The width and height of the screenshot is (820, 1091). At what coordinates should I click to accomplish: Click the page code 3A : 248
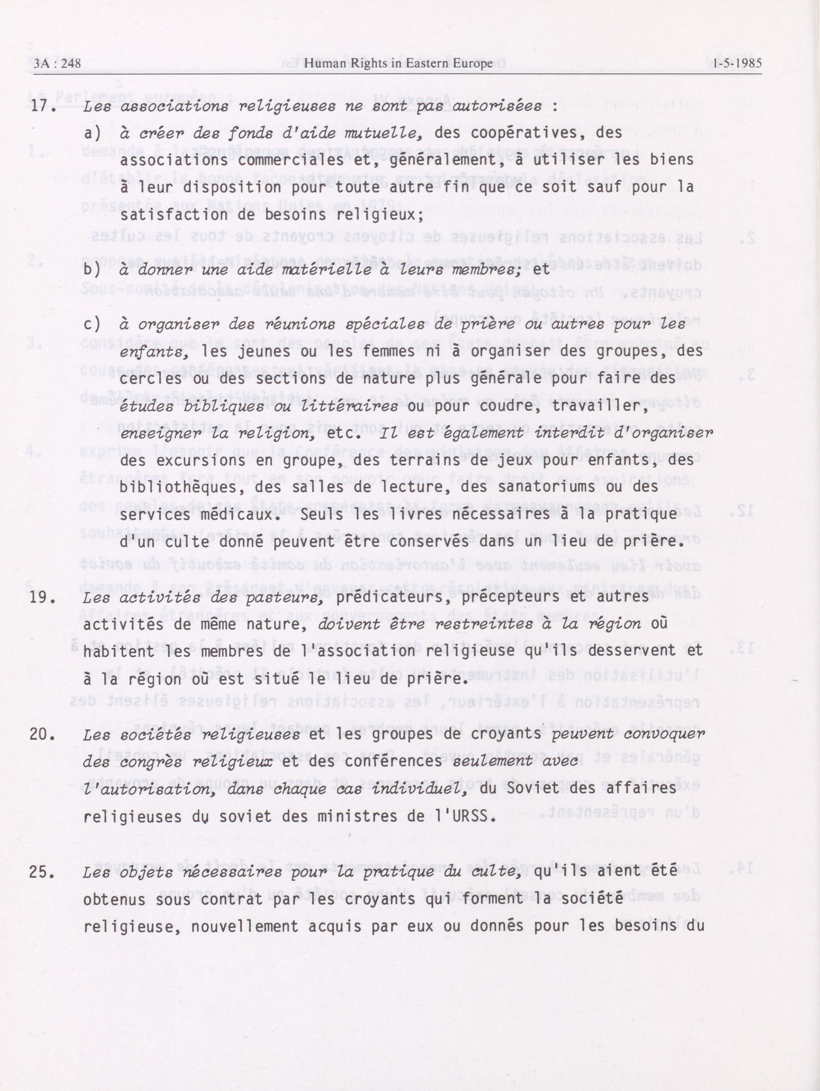click(x=57, y=63)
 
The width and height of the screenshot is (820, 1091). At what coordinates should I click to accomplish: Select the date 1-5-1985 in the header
click(x=734, y=63)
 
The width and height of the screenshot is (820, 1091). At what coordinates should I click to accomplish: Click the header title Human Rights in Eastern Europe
click(x=398, y=63)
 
